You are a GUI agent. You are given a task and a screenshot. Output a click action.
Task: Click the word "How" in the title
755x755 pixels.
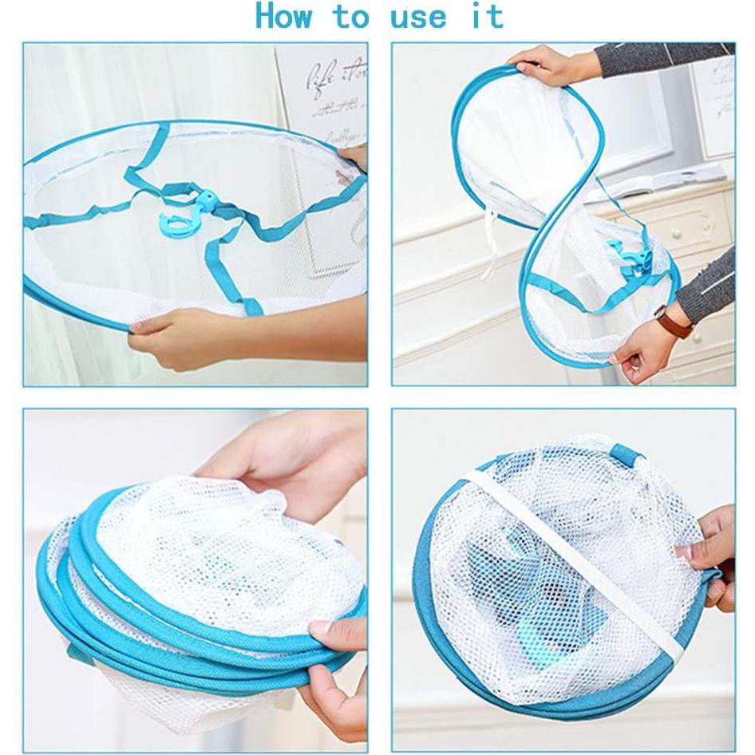click(x=283, y=16)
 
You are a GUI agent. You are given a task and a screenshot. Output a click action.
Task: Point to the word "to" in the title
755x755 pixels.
click(x=351, y=16)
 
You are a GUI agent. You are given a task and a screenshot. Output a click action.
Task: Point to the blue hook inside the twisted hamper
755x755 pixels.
click(x=628, y=255)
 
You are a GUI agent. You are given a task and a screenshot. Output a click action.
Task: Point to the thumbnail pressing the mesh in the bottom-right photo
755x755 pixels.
click(x=685, y=551)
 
